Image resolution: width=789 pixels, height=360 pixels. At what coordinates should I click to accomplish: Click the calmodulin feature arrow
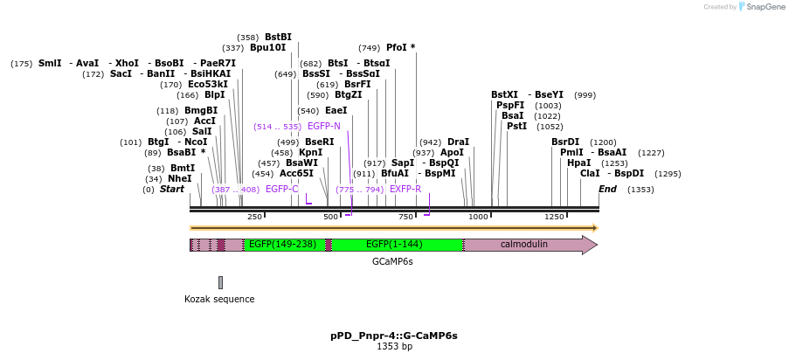point(524,245)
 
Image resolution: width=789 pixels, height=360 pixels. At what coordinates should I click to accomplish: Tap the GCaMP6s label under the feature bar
point(392,261)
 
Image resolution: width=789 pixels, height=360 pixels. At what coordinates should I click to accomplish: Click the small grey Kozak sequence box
point(220,282)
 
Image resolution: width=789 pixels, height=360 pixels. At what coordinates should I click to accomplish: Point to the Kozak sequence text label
point(219,299)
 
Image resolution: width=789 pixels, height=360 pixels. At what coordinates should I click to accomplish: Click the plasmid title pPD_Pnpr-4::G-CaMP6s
point(394,336)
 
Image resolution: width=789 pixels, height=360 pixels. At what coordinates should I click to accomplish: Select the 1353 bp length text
point(394,347)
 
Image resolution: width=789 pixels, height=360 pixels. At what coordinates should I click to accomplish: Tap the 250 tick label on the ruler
point(254,217)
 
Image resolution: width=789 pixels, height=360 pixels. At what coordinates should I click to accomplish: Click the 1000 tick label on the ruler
point(478,217)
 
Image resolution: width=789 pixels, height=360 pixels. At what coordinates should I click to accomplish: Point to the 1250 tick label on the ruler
point(554,217)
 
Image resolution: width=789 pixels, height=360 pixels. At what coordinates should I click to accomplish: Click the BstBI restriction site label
point(278,38)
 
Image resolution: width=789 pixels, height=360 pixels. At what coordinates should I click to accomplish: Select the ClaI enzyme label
point(590,174)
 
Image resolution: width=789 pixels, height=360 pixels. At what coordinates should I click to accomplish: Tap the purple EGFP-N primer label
point(323,127)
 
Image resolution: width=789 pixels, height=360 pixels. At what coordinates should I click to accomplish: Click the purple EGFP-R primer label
point(405,189)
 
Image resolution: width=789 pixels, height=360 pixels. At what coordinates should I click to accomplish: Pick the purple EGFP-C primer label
point(281,189)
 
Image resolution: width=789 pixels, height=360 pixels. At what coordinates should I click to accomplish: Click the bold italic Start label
point(172,189)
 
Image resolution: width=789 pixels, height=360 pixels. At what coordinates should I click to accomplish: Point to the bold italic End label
point(607,189)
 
